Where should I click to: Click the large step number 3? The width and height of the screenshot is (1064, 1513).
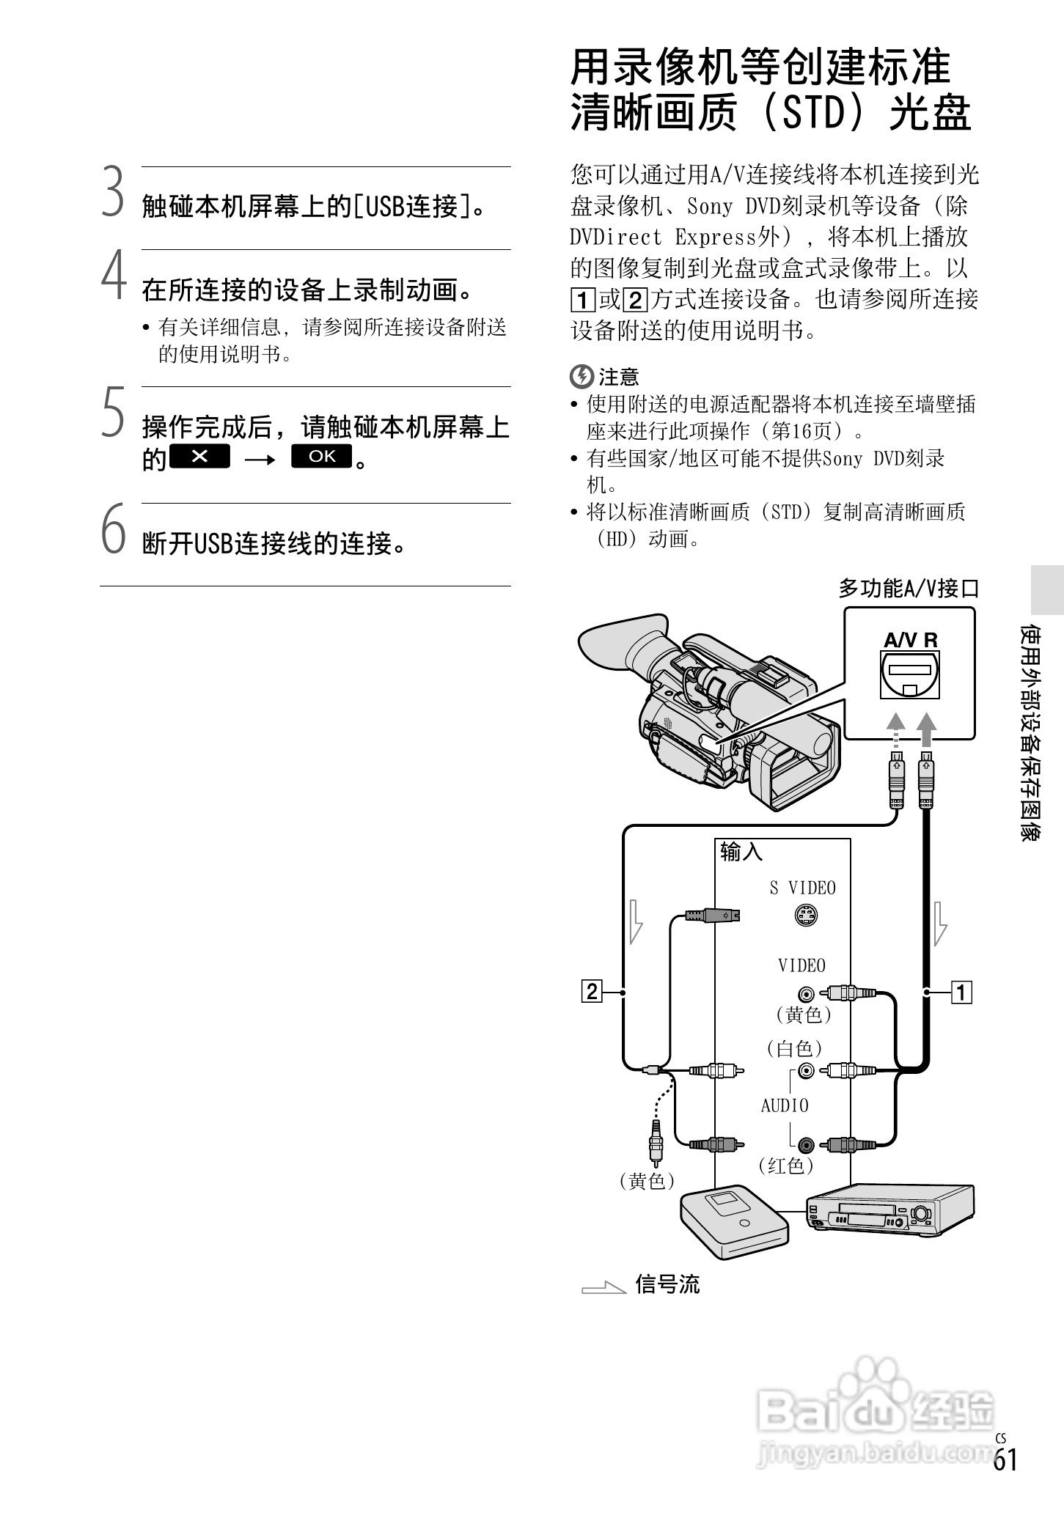coord(112,193)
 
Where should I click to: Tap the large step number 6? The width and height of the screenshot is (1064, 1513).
coord(113,529)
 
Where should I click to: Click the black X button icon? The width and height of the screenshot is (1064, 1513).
coord(199,456)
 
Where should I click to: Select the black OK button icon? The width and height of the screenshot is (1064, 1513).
coord(321,456)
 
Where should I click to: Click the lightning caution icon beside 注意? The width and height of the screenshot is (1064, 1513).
coord(581,377)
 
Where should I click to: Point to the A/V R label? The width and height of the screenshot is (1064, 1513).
coord(910,640)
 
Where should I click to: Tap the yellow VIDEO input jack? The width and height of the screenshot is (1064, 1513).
coord(807,994)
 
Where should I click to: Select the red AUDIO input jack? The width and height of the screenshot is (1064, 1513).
coord(807,1144)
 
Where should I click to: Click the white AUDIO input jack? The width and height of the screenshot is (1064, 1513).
coord(807,1071)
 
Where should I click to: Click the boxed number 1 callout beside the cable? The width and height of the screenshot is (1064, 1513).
coord(961,993)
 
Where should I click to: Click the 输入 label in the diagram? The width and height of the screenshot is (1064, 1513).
coord(741,852)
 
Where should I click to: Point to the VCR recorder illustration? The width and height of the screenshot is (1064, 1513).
coord(889,1215)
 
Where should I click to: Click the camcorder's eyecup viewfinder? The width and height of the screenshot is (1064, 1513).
coord(616,645)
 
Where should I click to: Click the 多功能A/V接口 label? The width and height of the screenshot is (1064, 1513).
coord(909,588)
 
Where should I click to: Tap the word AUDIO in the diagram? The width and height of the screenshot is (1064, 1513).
coord(785,1105)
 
